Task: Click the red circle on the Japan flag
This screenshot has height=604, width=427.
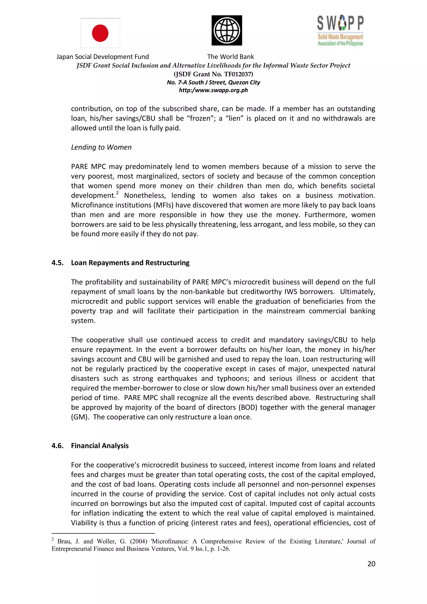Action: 100,33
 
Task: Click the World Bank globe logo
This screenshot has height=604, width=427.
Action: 227,30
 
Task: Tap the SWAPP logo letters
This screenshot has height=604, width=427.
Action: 340,23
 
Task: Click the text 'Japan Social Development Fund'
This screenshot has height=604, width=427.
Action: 103,57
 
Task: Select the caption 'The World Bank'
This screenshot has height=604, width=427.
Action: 230,57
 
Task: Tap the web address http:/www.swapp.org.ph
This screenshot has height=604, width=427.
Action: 213,90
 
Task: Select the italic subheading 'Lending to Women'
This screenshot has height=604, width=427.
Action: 101,147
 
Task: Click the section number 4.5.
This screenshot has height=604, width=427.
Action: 58,263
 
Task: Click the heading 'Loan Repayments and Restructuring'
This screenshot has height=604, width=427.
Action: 130,263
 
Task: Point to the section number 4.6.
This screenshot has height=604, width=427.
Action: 58,446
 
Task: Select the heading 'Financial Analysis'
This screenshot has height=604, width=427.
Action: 100,446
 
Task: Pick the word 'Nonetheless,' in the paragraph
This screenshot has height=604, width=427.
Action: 145,195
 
